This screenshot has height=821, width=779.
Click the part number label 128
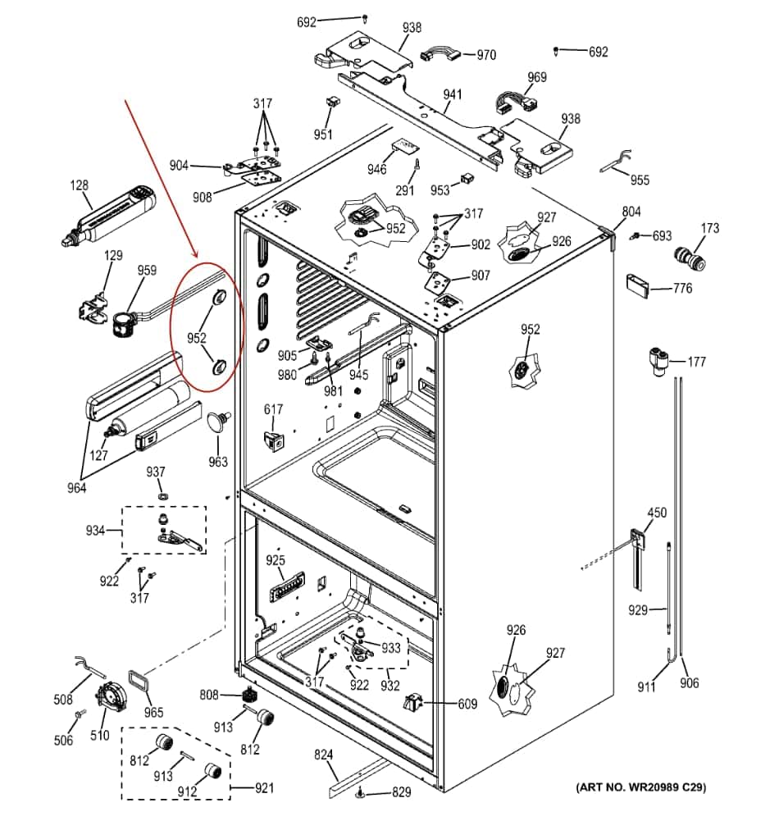click(79, 185)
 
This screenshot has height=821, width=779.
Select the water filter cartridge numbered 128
click(111, 214)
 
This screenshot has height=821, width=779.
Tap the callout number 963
click(217, 462)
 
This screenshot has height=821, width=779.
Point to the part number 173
click(709, 227)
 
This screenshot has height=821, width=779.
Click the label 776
click(682, 288)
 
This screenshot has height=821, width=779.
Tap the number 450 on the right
click(657, 513)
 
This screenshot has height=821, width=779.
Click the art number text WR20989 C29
click(641, 788)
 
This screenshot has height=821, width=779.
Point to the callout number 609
click(467, 703)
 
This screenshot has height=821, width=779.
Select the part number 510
click(100, 735)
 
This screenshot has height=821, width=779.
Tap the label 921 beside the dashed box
click(264, 788)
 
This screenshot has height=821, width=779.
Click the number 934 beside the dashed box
click(96, 530)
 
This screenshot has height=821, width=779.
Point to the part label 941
click(453, 94)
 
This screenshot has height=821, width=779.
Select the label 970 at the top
click(486, 55)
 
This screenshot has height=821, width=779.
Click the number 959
click(147, 270)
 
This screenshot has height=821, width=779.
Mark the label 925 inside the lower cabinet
click(275, 560)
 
